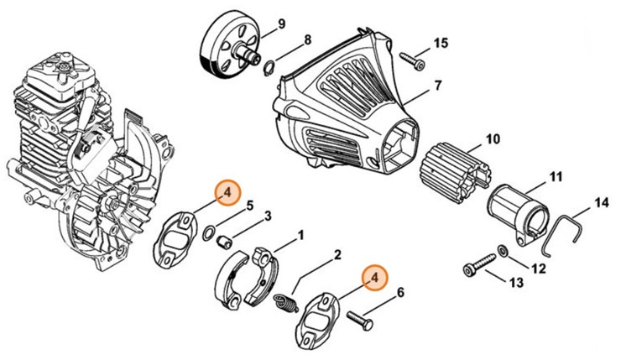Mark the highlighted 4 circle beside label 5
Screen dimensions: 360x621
226,193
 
